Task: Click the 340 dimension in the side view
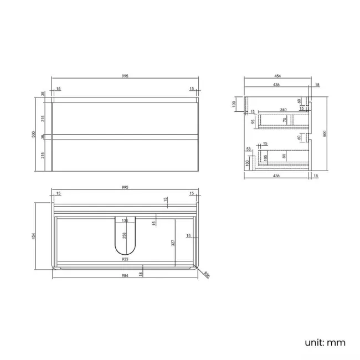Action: [283, 109]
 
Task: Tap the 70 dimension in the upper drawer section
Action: [285, 120]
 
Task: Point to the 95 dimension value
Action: [252, 121]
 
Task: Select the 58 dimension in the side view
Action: [249, 149]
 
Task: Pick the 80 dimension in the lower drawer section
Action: [285, 156]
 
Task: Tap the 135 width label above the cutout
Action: [125, 220]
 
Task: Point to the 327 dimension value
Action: [173, 242]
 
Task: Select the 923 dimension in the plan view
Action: [125, 259]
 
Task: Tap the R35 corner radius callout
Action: [206, 274]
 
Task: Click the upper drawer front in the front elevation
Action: [125, 119]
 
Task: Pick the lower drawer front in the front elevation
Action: [125, 155]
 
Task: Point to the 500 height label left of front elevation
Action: [34, 135]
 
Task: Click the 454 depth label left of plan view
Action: [34, 236]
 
